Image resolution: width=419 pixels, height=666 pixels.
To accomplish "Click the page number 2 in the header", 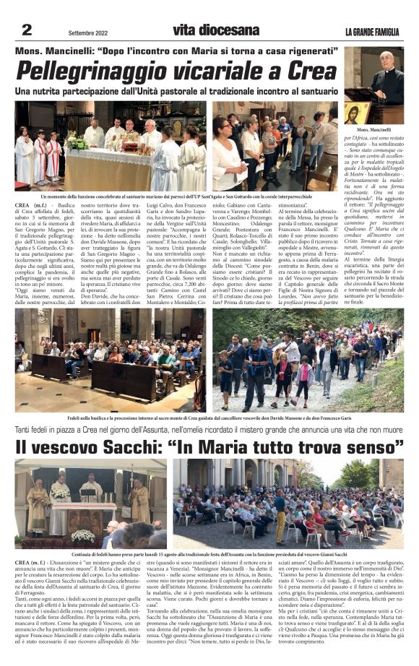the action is (27, 30).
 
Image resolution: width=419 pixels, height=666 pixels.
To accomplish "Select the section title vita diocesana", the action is (215, 30).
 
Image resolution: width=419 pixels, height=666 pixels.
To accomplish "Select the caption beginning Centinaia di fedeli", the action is (209, 553).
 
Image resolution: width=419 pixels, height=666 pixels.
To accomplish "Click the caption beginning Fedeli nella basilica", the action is (209, 418).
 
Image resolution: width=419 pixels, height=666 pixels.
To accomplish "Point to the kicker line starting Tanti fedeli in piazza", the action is (209, 431).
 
